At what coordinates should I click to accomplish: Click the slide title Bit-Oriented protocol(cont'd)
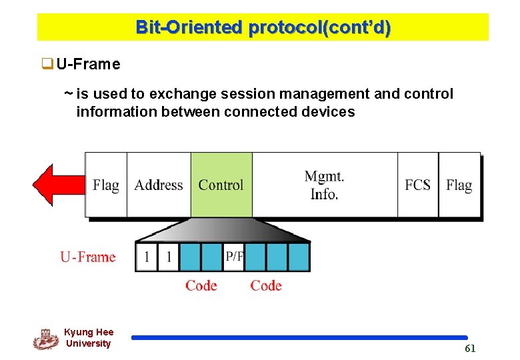[x=263, y=27]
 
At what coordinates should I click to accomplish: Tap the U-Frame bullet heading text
[x=88, y=65]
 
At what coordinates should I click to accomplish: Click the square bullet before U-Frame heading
[x=47, y=65]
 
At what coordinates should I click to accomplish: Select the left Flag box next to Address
[x=105, y=185]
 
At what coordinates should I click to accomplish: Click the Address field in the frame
[x=159, y=185]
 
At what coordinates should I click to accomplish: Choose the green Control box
[x=221, y=185]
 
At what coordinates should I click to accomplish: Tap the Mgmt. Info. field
[x=325, y=185]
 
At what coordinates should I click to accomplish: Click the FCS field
[x=418, y=185]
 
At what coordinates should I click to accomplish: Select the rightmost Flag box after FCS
[x=459, y=185]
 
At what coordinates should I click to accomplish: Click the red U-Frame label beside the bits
[x=88, y=257]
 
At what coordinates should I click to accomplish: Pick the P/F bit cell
[x=234, y=257]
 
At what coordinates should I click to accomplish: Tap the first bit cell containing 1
[x=146, y=257]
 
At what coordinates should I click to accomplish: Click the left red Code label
[x=201, y=285]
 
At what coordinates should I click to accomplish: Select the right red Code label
[x=266, y=285]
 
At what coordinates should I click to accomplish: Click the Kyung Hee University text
[x=89, y=338]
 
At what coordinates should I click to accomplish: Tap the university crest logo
[x=45, y=339]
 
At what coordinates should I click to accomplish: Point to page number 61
[x=470, y=349]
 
